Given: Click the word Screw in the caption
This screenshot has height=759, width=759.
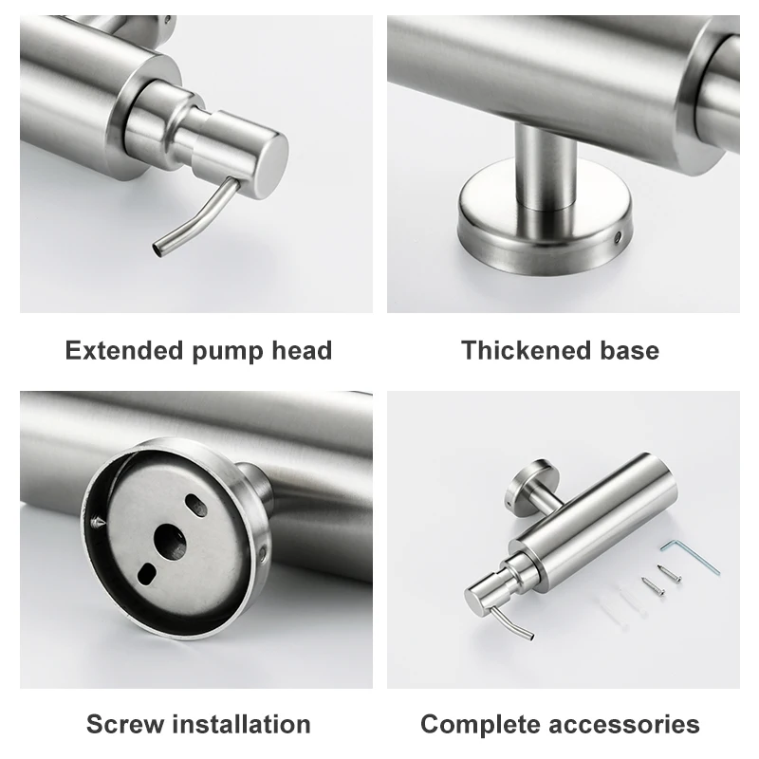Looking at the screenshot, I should click(x=124, y=724).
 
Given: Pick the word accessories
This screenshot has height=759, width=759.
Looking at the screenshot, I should click(x=628, y=724).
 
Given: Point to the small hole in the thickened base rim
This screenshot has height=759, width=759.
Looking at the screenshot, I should click(x=620, y=232).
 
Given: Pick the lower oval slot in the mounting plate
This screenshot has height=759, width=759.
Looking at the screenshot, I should click(x=147, y=573).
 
